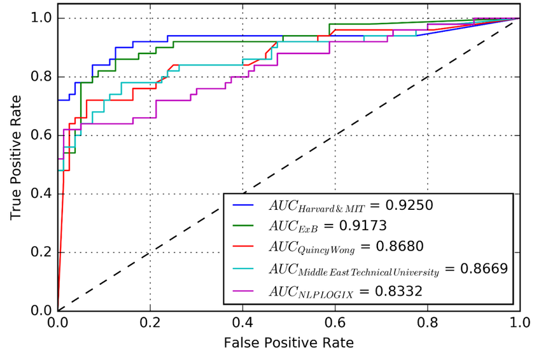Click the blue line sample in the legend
pyautogui.click(x=245, y=205)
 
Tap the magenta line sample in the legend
pyautogui.click(x=245, y=291)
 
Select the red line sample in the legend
pyautogui.click(x=245, y=247)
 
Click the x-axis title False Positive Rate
pyautogui.click(x=288, y=342)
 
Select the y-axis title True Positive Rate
pyautogui.click(x=15, y=158)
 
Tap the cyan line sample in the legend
pyautogui.click(x=245, y=268)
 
